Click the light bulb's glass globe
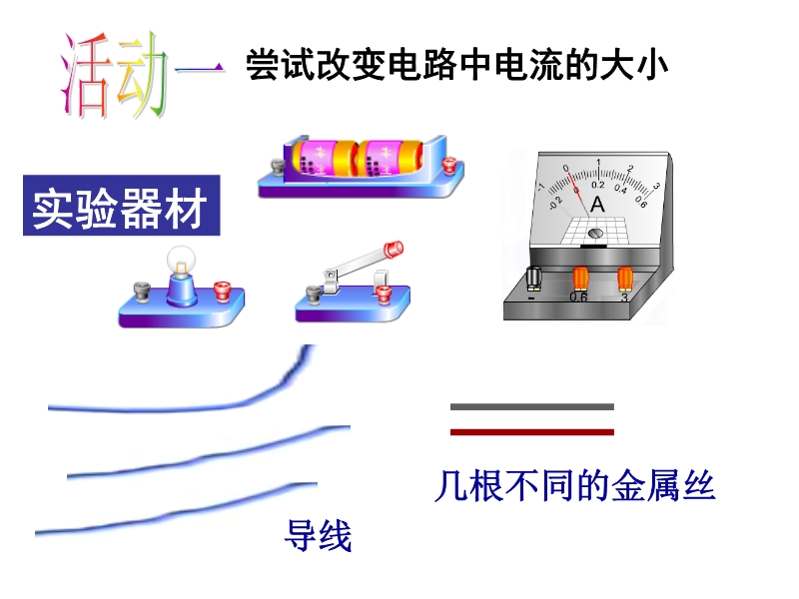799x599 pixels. coord(182,260)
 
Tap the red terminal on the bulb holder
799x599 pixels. coord(222,292)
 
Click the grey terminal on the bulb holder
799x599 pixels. coord(142,293)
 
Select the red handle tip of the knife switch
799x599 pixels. coord(393,249)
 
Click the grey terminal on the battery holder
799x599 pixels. coord(278,167)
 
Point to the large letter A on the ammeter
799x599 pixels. coord(597,205)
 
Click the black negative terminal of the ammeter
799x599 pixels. coord(533,278)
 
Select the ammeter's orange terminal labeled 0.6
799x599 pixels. coord(580,280)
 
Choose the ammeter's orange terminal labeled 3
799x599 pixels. coord(625,280)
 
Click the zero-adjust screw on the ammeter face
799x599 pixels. coord(595,234)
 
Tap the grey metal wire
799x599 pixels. coord(532,406)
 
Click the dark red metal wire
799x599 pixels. coord(532,432)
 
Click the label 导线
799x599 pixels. coord(318,535)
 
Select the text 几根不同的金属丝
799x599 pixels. coord(575,485)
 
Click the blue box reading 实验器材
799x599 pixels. coord(121,206)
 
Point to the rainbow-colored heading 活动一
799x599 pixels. coord(142,76)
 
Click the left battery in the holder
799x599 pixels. coord(322,158)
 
